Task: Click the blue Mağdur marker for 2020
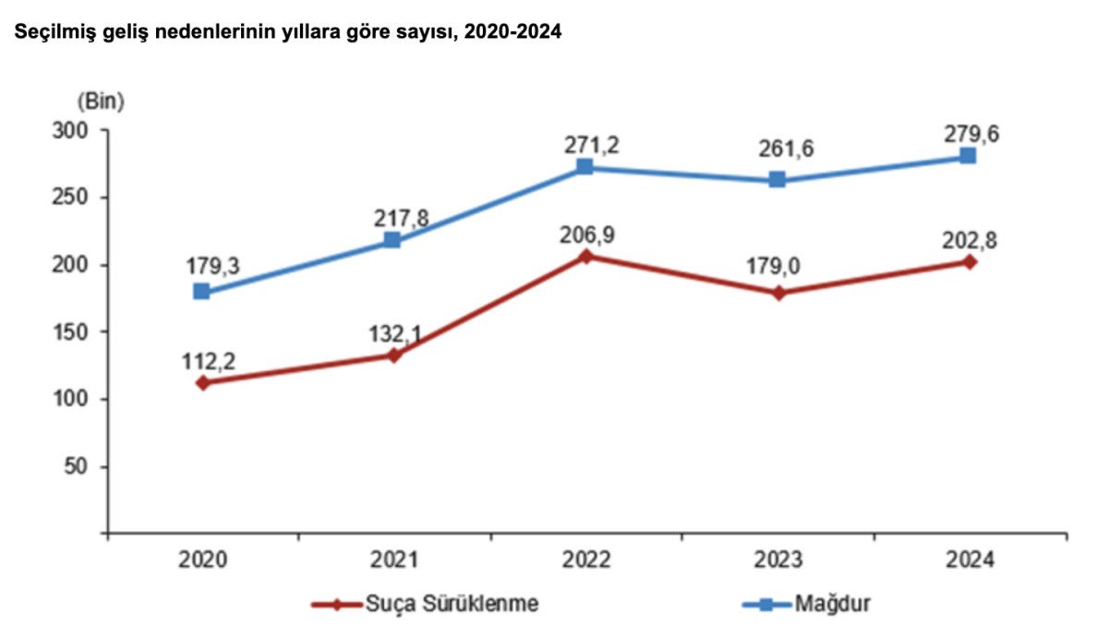[201, 292]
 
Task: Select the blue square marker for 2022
[584, 167]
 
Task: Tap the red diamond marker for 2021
[392, 355]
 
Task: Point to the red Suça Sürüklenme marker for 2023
[778, 293]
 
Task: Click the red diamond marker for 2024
[969, 261]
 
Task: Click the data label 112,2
[208, 361]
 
